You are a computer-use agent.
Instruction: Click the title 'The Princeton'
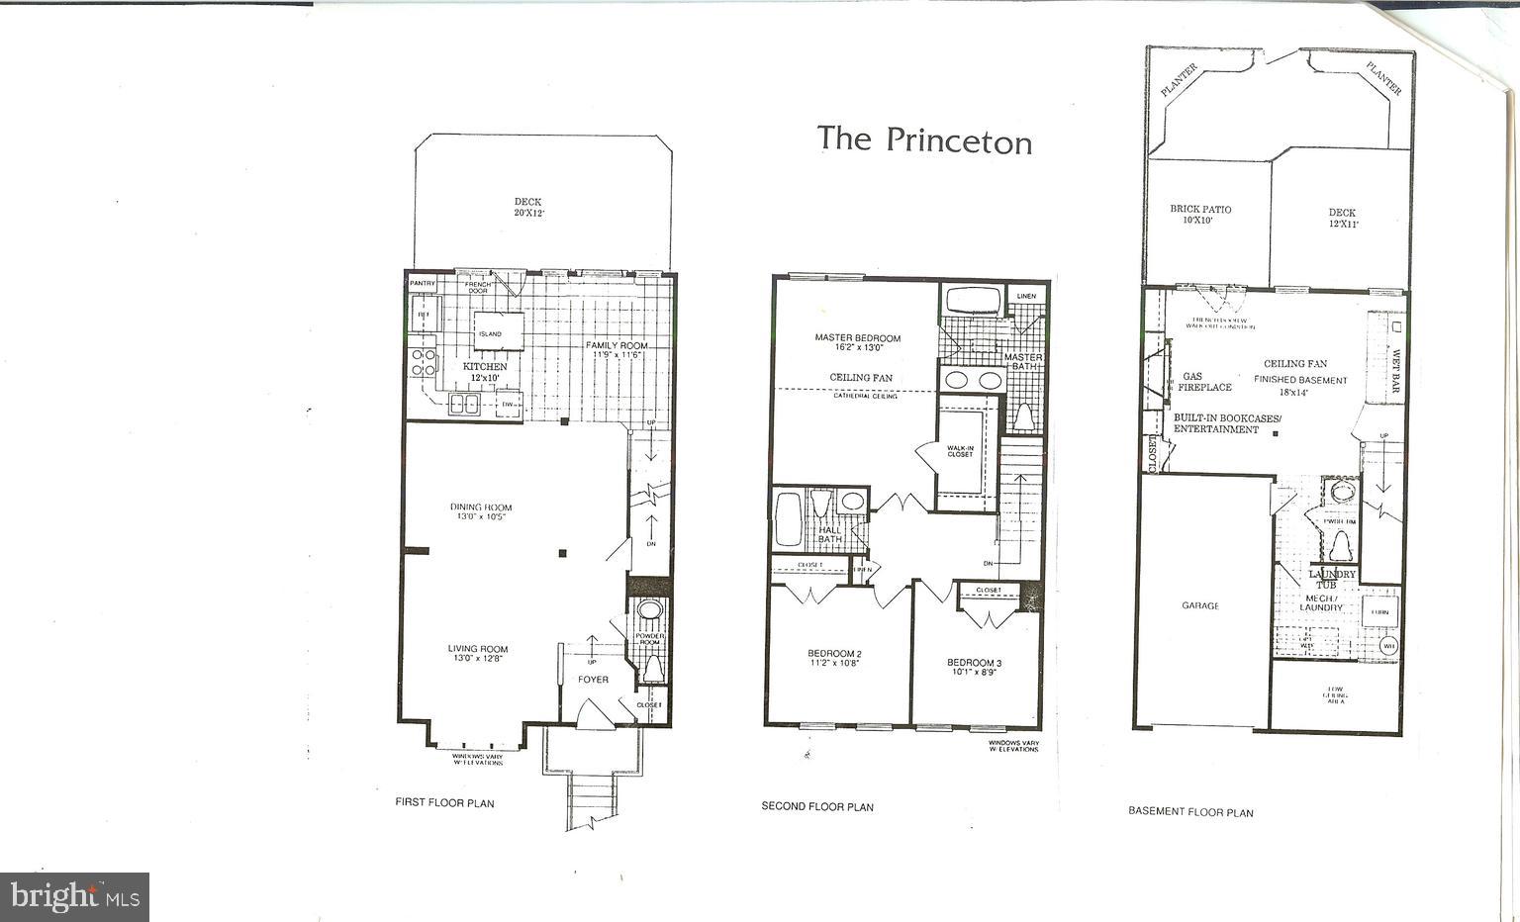924,139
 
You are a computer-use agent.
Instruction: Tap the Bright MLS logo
75,896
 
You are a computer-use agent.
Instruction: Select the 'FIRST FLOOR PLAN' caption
444,803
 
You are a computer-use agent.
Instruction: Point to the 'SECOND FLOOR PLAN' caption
817,806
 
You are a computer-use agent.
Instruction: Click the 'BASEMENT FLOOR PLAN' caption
1190,811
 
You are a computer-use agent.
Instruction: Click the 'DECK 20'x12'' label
528,208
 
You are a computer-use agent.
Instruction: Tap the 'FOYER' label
593,680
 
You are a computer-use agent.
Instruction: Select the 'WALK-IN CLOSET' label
959,451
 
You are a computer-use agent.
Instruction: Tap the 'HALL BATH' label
829,534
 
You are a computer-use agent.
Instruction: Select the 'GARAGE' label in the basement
1200,605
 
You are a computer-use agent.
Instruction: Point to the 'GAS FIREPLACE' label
1204,382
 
